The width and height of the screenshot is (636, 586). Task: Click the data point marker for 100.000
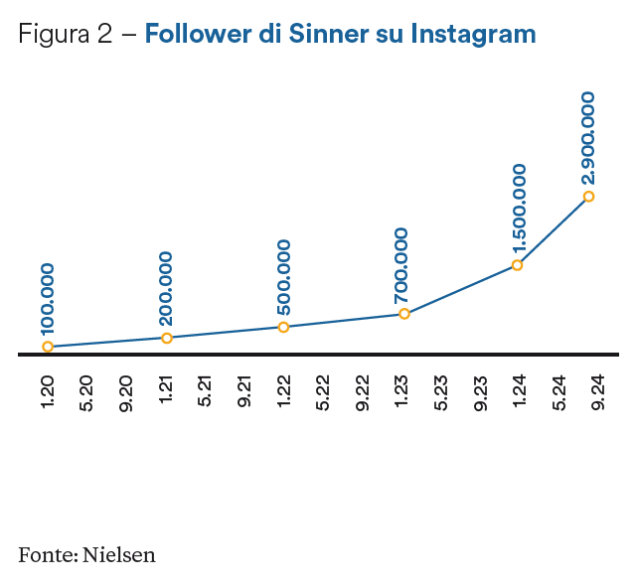[x=48, y=347]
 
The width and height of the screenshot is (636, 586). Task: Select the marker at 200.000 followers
[x=167, y=338]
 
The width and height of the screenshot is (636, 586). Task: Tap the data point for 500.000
[x=284, y=327]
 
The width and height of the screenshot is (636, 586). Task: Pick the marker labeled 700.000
[x=404, y=314]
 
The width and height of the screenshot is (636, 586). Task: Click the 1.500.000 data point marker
[x=518, y=265]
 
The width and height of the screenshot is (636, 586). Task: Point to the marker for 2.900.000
[x=589, y=197]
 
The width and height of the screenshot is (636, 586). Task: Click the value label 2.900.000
[x=588, y=137]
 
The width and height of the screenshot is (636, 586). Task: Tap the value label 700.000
[x=401, y=266]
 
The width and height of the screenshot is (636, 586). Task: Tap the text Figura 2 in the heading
[x=64, y=35]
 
